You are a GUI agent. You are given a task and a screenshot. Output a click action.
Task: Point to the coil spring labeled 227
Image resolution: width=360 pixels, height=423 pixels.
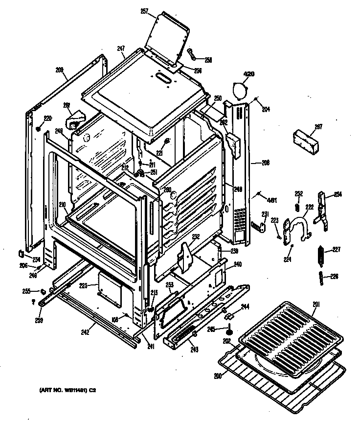click(x=321, y=256)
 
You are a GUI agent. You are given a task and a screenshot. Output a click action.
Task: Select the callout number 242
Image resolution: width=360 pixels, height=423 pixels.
click(x=86, y=332)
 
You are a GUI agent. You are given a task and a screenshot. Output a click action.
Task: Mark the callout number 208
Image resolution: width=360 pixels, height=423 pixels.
click(x=60, y=70)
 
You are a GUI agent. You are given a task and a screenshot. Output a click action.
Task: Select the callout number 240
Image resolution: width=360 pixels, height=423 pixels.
click(x=237, y=265)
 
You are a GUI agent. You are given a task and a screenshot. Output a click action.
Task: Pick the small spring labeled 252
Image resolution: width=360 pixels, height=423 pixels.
click(x=296, y=205)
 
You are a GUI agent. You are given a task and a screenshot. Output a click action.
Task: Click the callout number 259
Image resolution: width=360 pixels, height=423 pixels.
click(x=39, y=320)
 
